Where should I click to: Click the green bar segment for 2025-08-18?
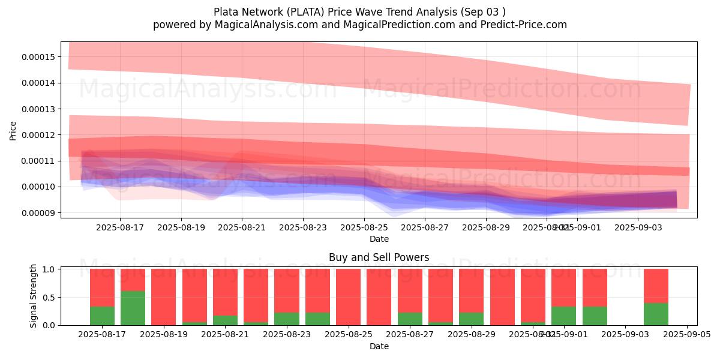(133, 308)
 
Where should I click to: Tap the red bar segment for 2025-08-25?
(348, 297)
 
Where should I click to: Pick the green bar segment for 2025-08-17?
(102, 316)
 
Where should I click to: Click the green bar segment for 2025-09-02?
(595, 316)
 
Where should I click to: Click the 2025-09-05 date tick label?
(686, 335)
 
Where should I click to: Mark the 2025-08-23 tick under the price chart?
(303, 228)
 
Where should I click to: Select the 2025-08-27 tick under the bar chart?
(410, 335)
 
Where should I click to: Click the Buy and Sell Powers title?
(379, 257)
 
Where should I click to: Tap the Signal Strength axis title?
(34, 296)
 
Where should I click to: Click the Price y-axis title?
(13, 130)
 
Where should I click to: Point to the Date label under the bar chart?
(379, 346)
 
